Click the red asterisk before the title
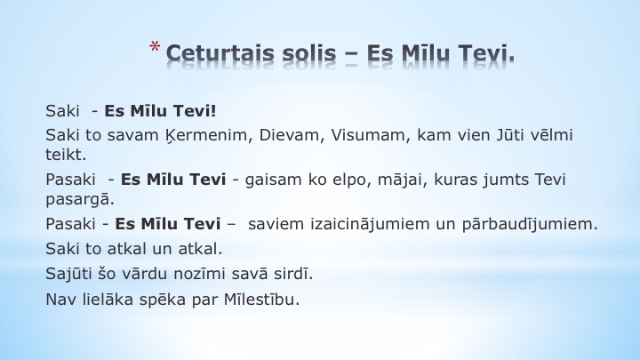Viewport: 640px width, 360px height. [x=155, y=47]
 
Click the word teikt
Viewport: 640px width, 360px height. [x=66, y=155]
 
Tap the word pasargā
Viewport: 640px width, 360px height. [x=80, y=200]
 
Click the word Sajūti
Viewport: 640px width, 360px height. [x=68, y=274]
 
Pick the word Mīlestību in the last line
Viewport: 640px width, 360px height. [x=261, y=300]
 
